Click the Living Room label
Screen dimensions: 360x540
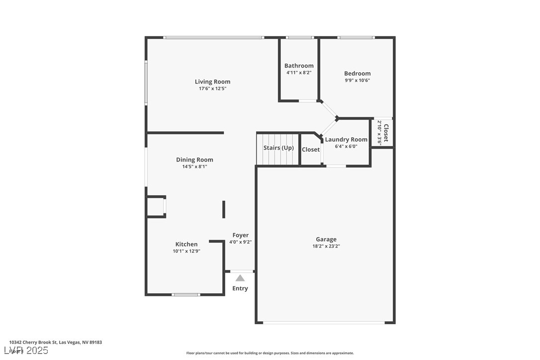[x=212, y=82]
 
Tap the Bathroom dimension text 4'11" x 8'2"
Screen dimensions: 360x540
[x=299, y=73]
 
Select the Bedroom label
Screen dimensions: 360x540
[x=357, y=74]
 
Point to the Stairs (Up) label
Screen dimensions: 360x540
[x=278, y=148]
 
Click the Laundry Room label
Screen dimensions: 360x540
[x=346, y=140]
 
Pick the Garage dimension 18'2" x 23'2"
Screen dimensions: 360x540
[x=326, y=246]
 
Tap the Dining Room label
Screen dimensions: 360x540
[x=194, y=160]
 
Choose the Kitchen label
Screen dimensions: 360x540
[x=186, y=244]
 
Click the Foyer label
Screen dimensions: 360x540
[x=241, y=235]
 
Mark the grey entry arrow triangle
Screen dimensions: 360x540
[x=240, y=278]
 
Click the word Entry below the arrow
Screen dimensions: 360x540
[x=240, y=288]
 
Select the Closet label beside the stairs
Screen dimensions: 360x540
[x=311, y=150]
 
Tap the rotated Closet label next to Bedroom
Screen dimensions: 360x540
[x=386, y=132]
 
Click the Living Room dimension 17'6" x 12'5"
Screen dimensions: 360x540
[x=212, y=89]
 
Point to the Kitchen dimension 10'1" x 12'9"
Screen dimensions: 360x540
[x=186, y=251]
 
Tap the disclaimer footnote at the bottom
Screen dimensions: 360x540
[x=270, y=353]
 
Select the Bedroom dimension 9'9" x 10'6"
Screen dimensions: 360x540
[x=357, y=81]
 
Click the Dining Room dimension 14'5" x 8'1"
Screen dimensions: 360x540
[x=194, y=167]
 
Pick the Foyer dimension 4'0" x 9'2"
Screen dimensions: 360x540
[x=241, y=242]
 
